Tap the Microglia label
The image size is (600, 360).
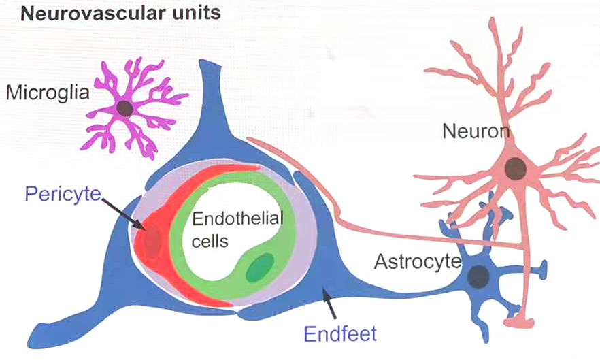pos(48,93)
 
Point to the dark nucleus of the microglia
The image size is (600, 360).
pos(124,108)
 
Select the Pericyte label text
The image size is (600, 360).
pos(62,195)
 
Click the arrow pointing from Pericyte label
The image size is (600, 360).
pos(122,212)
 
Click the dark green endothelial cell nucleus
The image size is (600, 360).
pos(260,267)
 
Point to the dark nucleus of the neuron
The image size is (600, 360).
pos(515,166)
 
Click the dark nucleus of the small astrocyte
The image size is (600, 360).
pos(480,276)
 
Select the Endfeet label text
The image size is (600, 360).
pos(339,334)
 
